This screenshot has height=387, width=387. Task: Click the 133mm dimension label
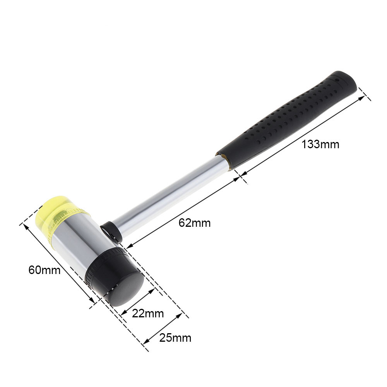[320, 145]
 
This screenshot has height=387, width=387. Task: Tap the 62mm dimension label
[194, 223]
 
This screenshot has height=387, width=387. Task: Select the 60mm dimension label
[45, 270]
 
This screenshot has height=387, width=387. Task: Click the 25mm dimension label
[175, 338]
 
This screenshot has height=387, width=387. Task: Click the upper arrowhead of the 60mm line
[27, 226]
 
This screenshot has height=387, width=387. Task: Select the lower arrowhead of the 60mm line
[92, 302]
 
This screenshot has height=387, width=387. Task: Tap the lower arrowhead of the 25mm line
[145, 342]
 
